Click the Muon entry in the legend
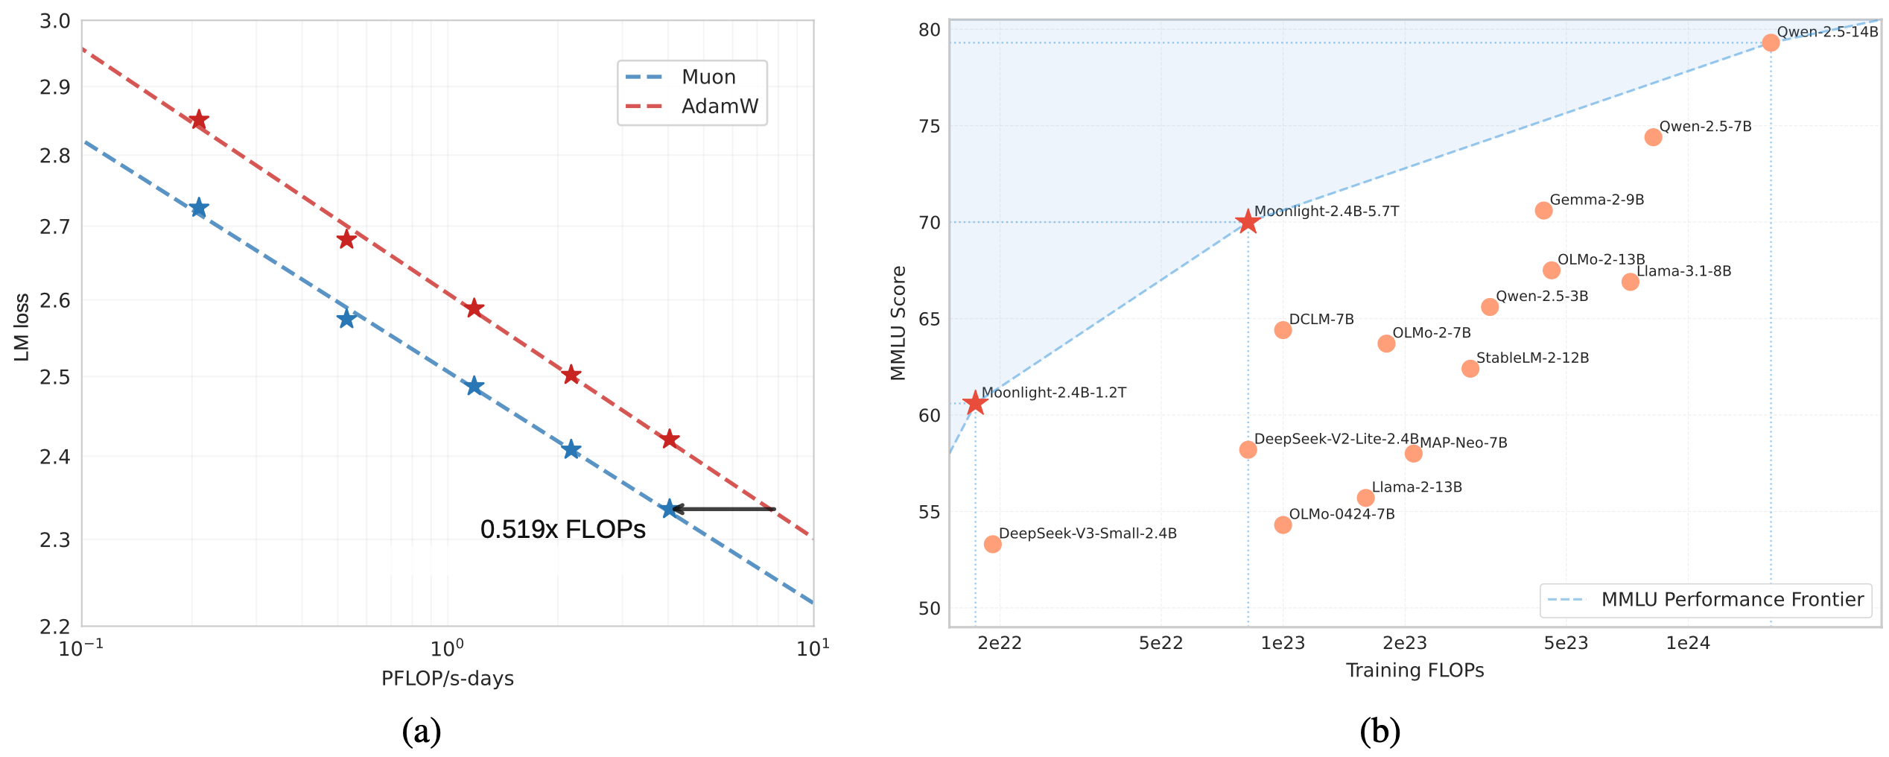[708, 77]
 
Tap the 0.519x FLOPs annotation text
[562, 530]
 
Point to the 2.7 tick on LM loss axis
[54, 226]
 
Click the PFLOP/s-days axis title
[447, 679]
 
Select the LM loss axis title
[22, 327]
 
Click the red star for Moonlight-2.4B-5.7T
[1248, 222]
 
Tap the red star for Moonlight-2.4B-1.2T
[975, 403]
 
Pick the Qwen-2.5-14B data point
[1771, 42]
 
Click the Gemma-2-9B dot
[1543, 211]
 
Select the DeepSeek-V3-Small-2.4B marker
[992, 545]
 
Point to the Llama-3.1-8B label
[1684, 271]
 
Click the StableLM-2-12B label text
[1532, 358]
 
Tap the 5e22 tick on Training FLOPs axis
[1161, 643]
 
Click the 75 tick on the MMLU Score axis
[930, 127]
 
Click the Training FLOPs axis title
[1415, 671]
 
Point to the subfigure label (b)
[1380, 731]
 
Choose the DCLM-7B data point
[1283, 330]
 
